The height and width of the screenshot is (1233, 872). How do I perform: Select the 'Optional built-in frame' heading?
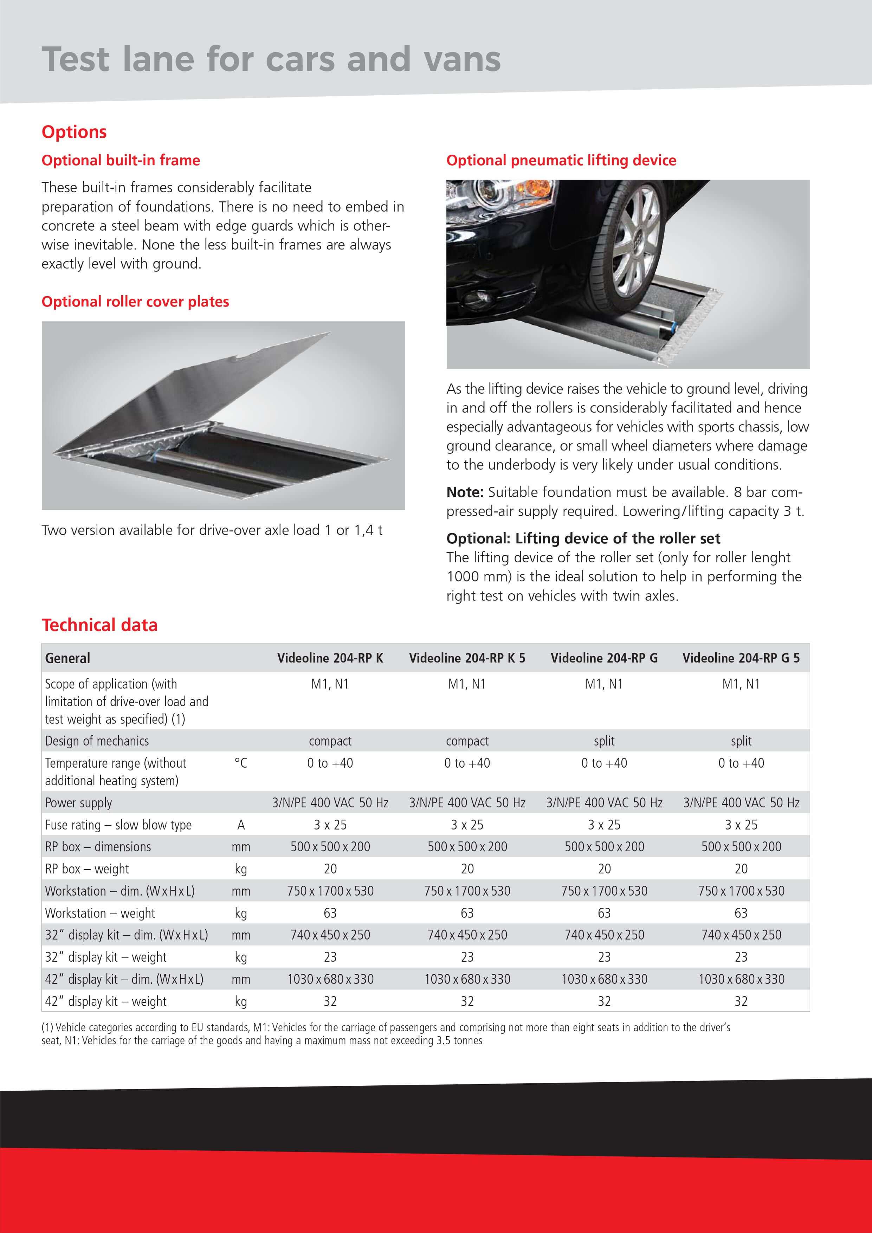[x=121, y=161]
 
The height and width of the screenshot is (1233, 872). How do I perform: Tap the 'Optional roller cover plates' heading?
[x=135, y=302]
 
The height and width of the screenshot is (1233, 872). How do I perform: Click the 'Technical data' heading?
[x=100, y=625]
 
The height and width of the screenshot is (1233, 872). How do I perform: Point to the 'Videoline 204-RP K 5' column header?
[x=467, y=658]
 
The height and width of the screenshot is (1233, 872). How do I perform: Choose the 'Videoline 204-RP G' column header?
[x=604, y=658]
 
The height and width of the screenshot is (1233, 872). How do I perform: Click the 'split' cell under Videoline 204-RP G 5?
[x=741, y=741]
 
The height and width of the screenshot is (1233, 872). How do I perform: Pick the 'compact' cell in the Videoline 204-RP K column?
[x=330, y=741]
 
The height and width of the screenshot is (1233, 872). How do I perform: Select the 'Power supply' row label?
[x=78, y=803]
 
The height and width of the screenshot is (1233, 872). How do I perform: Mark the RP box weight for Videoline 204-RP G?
[x=605, y=869]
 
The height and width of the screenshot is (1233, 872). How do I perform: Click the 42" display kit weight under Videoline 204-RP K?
[x=330, y=1001]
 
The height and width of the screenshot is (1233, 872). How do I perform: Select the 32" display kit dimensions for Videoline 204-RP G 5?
[x=741, y=935]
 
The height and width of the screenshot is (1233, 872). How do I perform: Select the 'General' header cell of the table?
[x=67, y=658]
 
